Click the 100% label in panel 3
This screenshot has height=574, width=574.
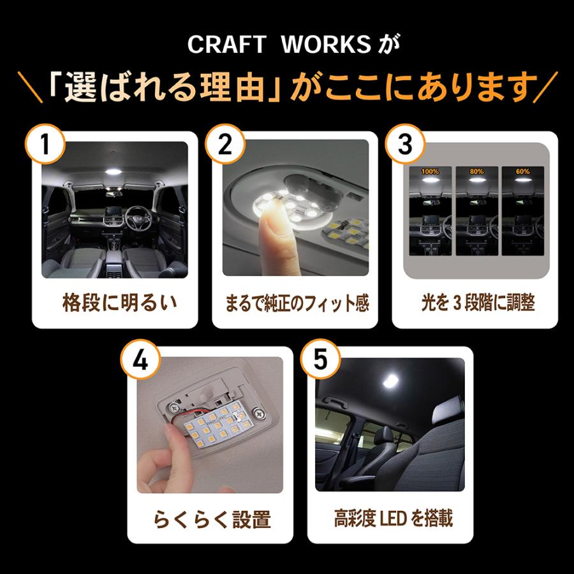428,172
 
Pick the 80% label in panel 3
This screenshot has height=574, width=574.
476,172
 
